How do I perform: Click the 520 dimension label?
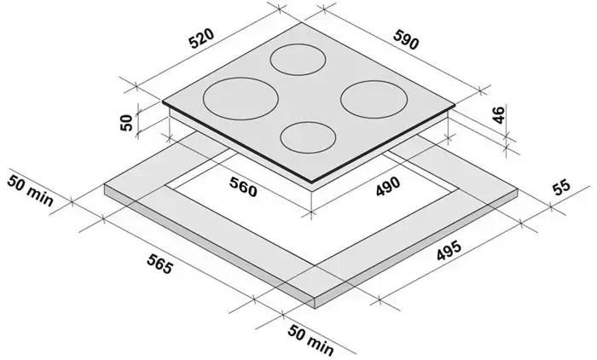[202, 38]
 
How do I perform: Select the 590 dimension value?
[406, 39]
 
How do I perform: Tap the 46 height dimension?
[499, 114]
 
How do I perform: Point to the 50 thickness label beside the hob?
[127, 122]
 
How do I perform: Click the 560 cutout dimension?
[243, 187]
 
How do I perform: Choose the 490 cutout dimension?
[388, 187]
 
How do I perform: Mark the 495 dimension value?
[449, 251]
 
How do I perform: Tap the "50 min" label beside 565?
[30, 189]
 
